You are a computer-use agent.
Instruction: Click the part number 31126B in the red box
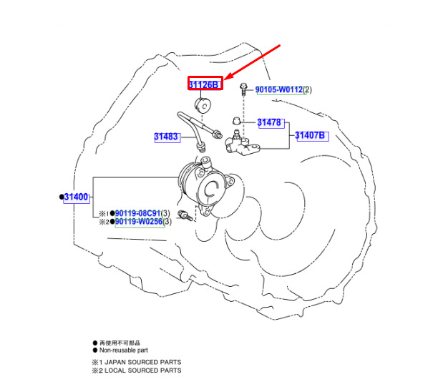(204, 84)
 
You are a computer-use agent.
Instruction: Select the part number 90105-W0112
(279, 89)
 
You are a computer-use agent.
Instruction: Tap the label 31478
(269, 122)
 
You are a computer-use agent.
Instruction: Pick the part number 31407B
(310, 135)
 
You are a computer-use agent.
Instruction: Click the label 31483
(166, 137)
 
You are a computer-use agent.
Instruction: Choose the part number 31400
(76, 197)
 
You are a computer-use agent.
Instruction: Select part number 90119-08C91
(138, 213)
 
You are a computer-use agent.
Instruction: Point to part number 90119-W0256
(139, 222)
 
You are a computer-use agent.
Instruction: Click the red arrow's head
(230, 77)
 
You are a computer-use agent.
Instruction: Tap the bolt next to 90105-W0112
(243, 89)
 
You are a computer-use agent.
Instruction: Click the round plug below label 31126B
(203, 106)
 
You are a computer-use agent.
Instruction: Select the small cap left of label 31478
(236, 121)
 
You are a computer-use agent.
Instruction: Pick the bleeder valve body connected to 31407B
(242, 143)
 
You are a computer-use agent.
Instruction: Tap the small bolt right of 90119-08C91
(185, 215)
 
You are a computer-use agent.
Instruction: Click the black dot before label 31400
(62, 197)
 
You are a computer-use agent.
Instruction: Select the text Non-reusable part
(124, 351)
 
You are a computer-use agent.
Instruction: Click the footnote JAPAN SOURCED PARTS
(143, 362)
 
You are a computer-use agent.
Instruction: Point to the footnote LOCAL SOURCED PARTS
(143, 371)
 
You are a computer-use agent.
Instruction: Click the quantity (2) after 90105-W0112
(308, 90)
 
